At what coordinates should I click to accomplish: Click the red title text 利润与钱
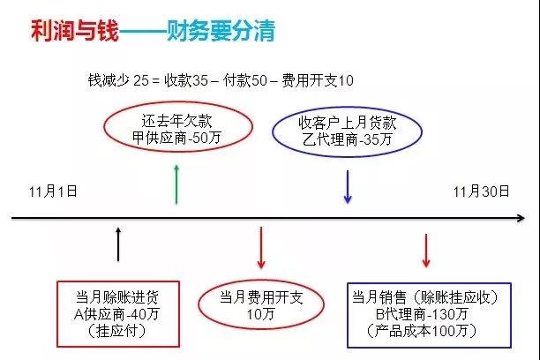coord(75,31)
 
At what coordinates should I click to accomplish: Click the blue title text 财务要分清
coord(221,31)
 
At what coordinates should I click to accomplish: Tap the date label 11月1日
coord(53,191)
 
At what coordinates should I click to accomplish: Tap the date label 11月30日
coord(481,191)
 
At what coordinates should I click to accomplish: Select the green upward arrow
coord(176,184)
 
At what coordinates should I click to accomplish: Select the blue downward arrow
coord(348,187)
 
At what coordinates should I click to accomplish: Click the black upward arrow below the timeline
coord(118,244)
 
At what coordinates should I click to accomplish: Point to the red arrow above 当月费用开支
coord(261,247)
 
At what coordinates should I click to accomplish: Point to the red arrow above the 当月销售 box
coord(426,251)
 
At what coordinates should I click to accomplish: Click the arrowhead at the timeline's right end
coord(521,218)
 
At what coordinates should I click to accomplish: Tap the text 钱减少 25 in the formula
coord(118,80)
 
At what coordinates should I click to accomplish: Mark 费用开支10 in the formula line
coord(318,80)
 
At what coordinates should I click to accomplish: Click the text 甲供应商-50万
coord(176,139)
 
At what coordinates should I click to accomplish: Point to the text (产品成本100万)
coord(423,331)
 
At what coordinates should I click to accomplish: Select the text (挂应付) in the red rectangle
coord(117,331)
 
